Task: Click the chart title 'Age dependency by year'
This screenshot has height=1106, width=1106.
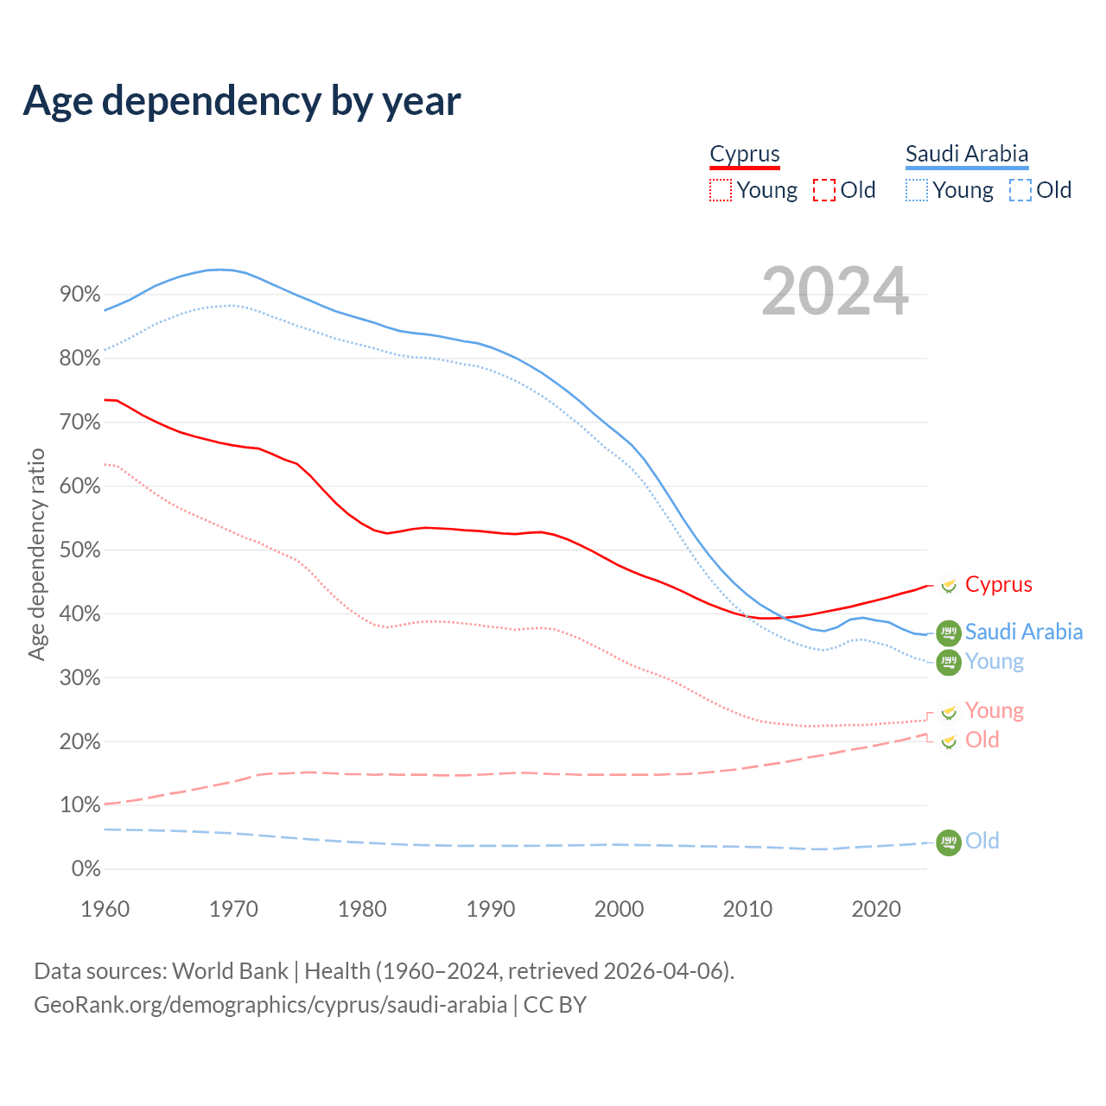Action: (x=242, y=101)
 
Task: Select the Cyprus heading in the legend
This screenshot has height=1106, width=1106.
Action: (x=745, y=154)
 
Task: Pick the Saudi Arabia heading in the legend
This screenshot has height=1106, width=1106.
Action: (x=967, y=154)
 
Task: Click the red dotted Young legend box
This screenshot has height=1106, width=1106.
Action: (x=720, y=190)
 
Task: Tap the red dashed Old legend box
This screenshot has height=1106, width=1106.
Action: (x=824, y=190)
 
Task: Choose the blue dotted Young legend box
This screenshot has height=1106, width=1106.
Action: (x=917, y=190)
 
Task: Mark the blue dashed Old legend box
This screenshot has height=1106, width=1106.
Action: (x=1020, y=190)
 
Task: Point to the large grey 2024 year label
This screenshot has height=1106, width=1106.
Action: (x=835, y=291)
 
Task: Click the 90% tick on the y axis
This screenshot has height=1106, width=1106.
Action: (x=79, y=295)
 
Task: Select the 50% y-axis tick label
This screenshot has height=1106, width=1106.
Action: (x=79, y=550)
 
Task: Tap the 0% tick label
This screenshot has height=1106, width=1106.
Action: (x=85, y=869)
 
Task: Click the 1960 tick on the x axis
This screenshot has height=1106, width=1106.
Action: (x=105, y=909)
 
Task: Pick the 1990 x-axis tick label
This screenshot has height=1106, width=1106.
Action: (x=491, y=909)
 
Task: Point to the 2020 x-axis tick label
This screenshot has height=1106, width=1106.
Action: (x=876, y=909)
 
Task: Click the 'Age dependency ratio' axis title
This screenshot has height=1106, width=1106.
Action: (x=36, y=554)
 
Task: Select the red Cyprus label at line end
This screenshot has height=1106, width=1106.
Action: (x=998, y=585)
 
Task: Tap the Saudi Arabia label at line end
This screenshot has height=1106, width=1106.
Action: (x=1023, y=632)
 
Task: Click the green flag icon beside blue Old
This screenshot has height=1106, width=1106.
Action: (x=949, y=842)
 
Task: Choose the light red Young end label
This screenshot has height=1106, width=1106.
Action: (x=994, y=711)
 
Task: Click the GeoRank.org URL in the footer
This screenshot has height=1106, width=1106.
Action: (x=270, y=1005)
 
